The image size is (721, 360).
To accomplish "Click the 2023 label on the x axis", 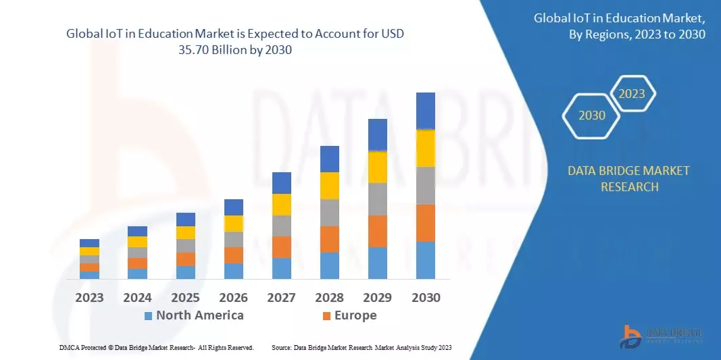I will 89,297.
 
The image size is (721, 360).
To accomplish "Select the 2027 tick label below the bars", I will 281,297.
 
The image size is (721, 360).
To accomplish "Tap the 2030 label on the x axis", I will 426,297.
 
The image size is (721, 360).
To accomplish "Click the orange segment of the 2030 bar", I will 426,223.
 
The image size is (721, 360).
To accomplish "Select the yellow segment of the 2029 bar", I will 378,167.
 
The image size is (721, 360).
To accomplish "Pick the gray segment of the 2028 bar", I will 329,212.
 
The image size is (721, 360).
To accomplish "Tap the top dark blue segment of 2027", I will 281,182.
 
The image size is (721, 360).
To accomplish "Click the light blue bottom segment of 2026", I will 233,271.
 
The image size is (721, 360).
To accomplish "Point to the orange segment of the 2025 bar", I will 185,259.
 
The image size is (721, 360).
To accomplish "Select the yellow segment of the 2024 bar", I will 137,242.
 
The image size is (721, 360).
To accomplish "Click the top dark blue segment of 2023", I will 89,243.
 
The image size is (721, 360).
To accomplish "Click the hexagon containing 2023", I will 632,94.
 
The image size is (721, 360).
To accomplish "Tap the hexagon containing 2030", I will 592,115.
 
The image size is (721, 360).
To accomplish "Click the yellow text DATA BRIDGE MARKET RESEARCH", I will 629,178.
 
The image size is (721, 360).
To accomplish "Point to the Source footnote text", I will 361,347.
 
